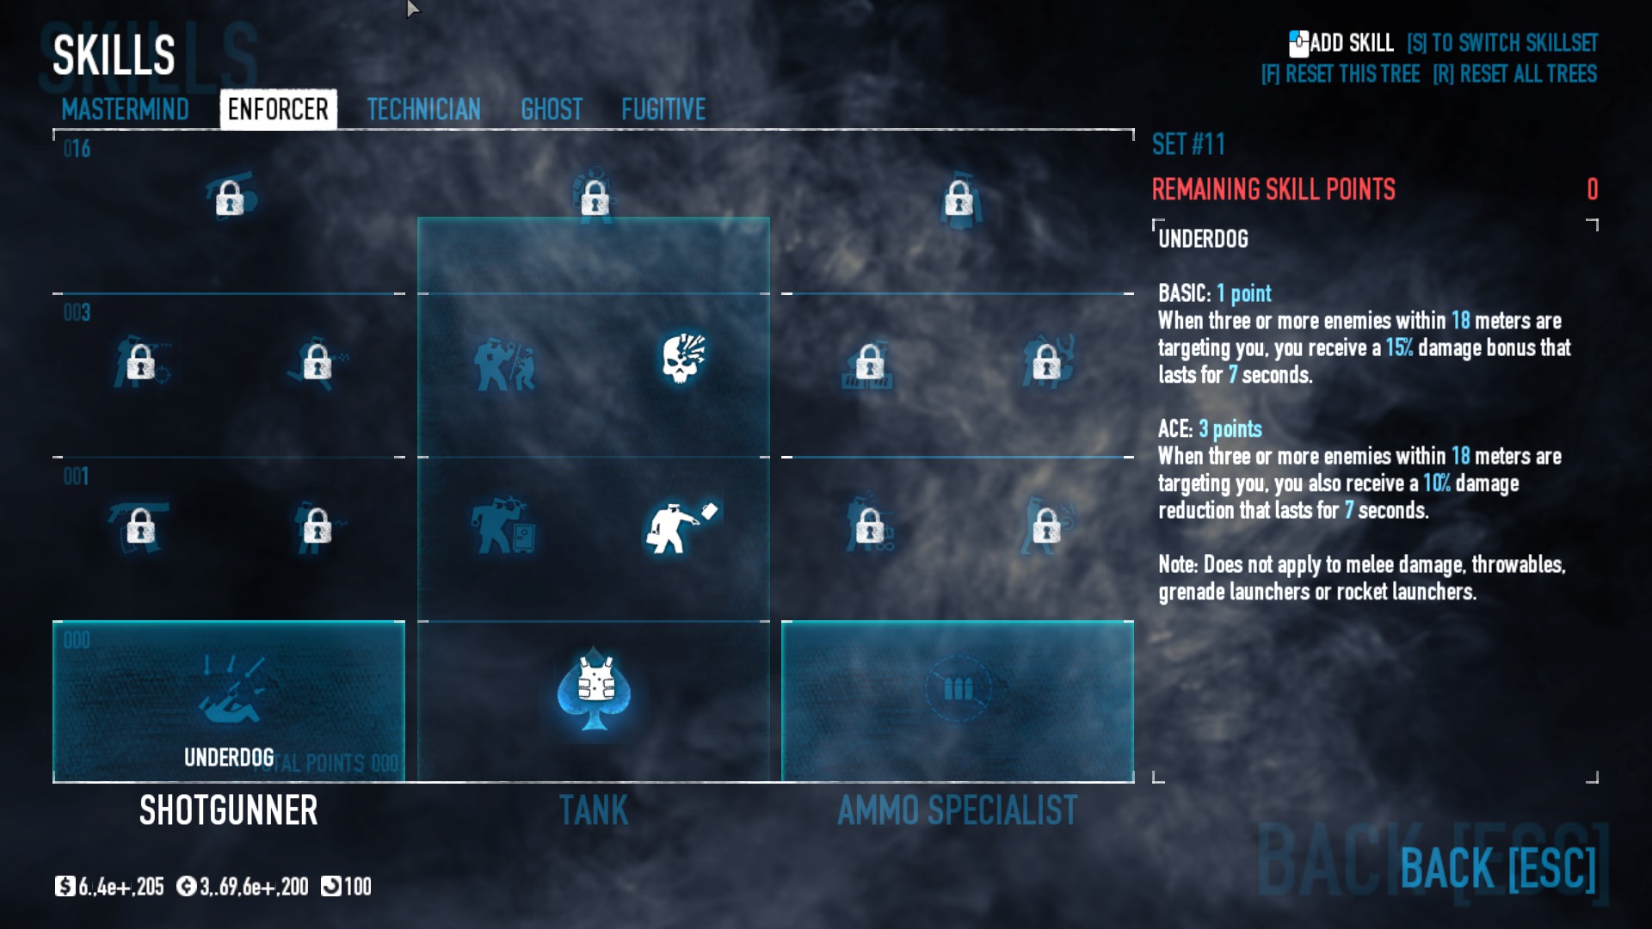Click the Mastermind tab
(125, 109)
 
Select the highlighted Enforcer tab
(278, 109)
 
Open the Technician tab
(423, 109)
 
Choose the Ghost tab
(552, 109)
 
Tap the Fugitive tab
(663, 109)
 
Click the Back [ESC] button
(1497, 868)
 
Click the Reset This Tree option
(1341, 74)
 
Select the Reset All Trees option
(1514, 74)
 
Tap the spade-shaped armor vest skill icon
(594, 688)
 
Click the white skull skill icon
(683, 358)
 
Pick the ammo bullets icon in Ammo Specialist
(958, 688)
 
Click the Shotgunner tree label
(229, 810)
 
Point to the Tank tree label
(594, 810)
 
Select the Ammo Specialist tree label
(958, 810)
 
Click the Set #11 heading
(1188, 145)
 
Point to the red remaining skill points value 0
(1592, 189)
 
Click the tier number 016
(77, 149)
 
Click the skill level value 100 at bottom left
(357, 887)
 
